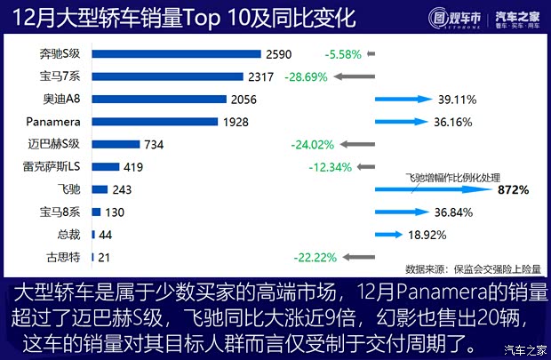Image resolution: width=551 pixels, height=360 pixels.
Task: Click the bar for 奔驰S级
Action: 176,54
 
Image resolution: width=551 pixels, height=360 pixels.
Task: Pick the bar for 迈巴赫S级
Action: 115,143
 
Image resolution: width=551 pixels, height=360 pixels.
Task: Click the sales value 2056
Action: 243,99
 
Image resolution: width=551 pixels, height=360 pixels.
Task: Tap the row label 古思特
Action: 62,257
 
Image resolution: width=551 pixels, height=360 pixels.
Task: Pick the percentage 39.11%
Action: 455,99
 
